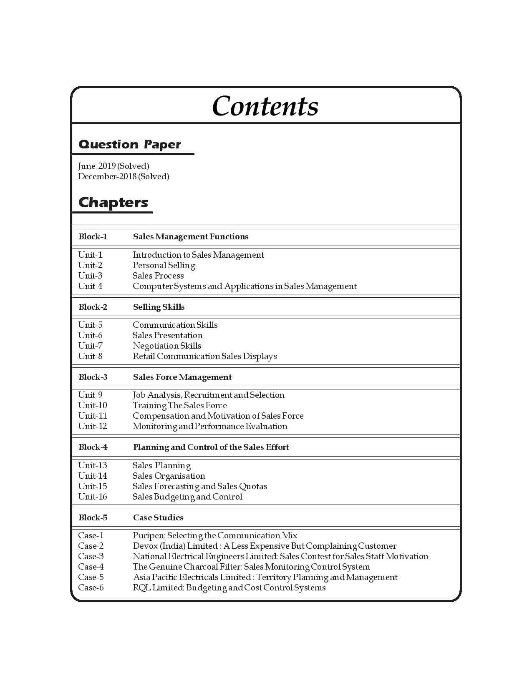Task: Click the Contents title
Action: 265,106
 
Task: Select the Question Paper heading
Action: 130,144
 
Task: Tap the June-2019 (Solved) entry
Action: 113,166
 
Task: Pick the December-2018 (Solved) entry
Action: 124,176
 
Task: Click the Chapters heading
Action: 113,202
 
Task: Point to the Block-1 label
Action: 93,236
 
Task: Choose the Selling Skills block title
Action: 159,307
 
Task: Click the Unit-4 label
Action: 90,286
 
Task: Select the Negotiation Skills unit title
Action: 167,346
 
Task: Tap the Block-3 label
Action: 93,377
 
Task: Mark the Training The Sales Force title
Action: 179,405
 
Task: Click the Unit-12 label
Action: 93,426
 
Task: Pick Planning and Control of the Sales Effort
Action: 211,447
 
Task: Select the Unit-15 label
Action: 93,486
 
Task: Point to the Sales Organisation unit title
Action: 169,476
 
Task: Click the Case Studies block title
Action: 158,517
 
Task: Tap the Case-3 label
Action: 91,556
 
